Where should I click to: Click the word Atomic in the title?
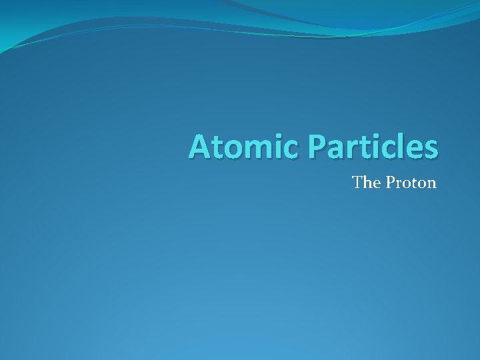pyautogui.click(x=243, y=147)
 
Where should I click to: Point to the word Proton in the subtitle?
pyautogui.click(x=411, y=182)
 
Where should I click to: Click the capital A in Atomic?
pyautogui.click(x=200, y=147)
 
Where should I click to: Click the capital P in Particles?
pyautogui.click(x=316, y=147)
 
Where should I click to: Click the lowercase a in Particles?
pyautogui.click(x=333, y=149)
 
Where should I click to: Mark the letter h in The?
pyautogui.click(x=367, y=182)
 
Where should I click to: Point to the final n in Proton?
pyautogui.click(x=431, y=183)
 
